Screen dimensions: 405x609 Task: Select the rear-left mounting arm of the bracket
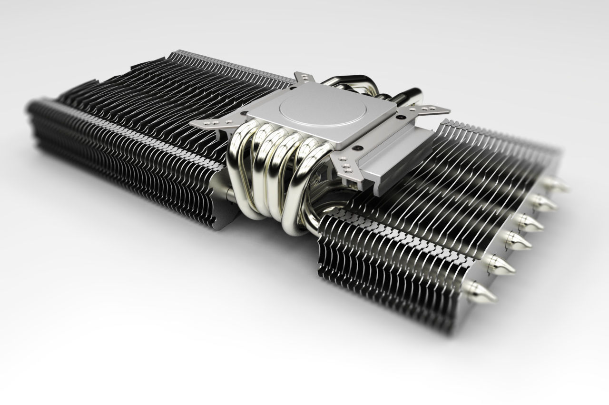301,78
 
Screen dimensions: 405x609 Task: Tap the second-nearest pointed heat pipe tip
502,266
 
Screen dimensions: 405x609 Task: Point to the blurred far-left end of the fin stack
36,119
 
